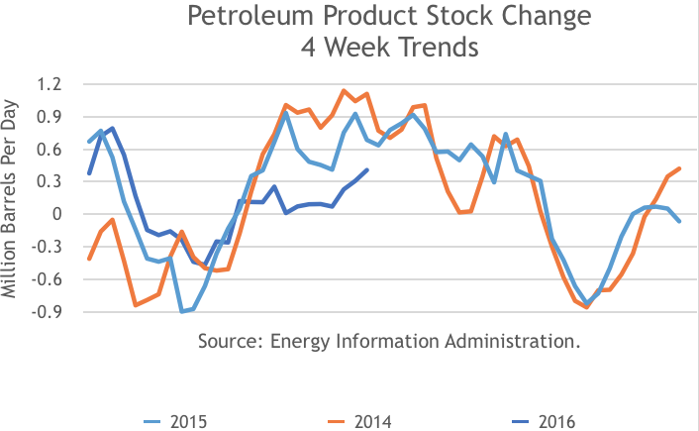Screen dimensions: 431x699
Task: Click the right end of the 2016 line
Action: click(367, 169)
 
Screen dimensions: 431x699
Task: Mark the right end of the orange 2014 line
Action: click(679, 168)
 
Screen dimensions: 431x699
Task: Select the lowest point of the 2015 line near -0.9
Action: click(182, 311)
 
